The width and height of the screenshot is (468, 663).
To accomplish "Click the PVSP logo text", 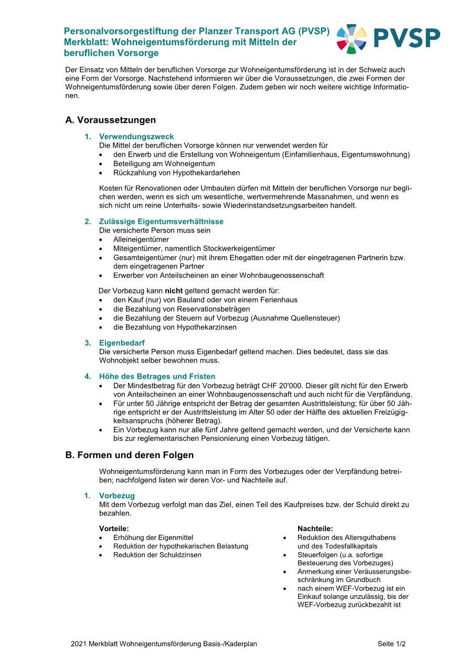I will [407, 38].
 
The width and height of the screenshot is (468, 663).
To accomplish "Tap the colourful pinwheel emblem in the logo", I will [351, 38].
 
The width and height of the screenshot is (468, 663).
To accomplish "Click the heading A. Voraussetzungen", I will [110, 120].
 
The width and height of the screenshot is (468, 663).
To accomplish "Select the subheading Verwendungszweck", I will [136, 137].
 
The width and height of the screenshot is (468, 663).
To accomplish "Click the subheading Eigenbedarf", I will [122, 343].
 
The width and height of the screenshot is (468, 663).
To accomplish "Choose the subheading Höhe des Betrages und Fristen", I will [157, 377].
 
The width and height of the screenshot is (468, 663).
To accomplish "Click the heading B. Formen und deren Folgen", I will [129, 455].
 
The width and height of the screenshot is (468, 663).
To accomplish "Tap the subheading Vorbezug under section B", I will [117, 495].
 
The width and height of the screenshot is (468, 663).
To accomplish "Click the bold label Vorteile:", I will [114, 529].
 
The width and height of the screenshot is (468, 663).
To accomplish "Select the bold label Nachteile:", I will [315, 529].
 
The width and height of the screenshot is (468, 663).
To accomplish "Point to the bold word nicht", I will [174, 291].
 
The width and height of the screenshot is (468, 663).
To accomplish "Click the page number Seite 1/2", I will [391, 644].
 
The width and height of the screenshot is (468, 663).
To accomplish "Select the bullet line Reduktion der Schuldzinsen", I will [157, 555].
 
